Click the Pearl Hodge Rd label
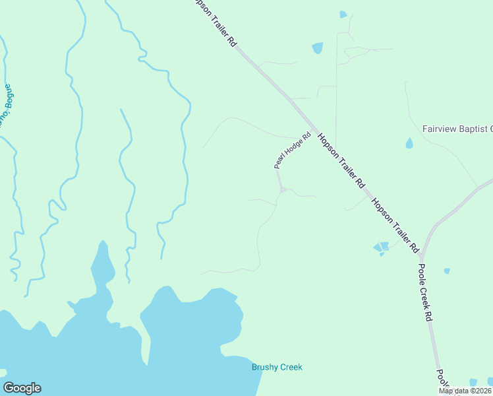coord(292,151)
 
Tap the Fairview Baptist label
coord(457,129)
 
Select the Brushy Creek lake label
coord(277,368)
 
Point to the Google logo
coord(22,388)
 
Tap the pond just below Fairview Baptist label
coord(409,143)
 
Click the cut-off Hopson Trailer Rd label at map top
coord(215,21)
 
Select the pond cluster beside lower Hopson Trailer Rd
coord(381,247)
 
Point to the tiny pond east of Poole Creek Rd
coord(447,271)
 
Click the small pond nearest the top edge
coord(343,14)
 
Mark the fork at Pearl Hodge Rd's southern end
coord(283,190)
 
